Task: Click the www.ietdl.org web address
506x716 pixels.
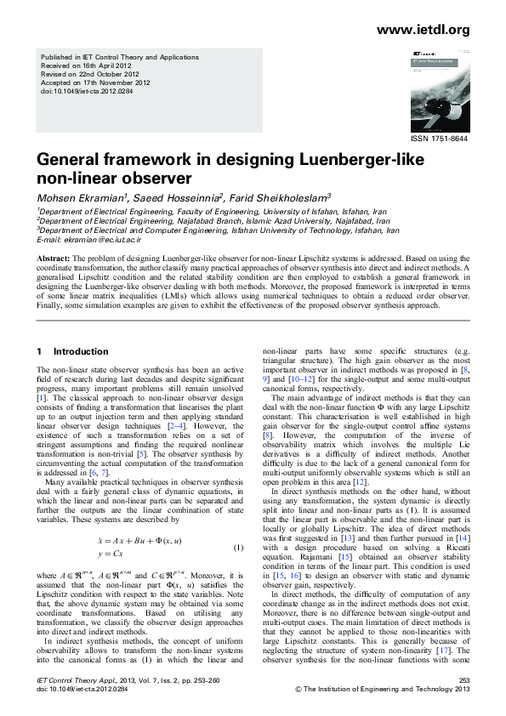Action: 422,31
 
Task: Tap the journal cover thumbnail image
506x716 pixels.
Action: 440,95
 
